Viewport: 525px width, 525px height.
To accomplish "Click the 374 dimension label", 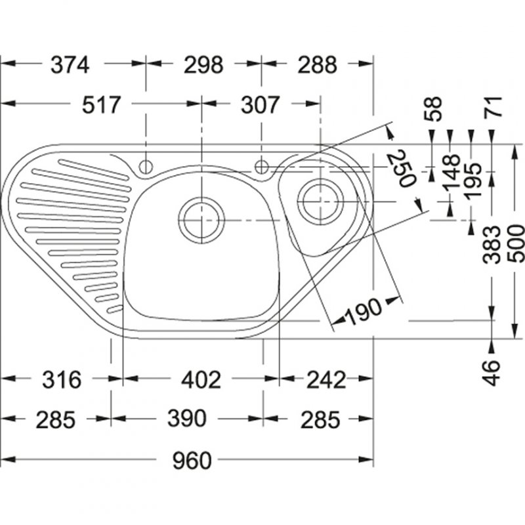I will click(69, 65).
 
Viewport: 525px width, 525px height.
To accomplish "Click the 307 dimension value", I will click(261, 104).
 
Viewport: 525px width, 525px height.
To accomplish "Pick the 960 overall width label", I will click(192, 461).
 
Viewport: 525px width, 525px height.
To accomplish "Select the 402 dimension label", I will click(201, 379).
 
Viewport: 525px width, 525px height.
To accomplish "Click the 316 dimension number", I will click(60, 379).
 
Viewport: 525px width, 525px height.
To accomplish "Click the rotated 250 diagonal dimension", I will click(401, 168).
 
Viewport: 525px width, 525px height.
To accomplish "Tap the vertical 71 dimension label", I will click(492, 106).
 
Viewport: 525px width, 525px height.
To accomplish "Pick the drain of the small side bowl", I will click(320, 199).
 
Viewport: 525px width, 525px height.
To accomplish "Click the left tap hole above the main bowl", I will click(145, 165).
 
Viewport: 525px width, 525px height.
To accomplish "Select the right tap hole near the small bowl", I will click(262, 165).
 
